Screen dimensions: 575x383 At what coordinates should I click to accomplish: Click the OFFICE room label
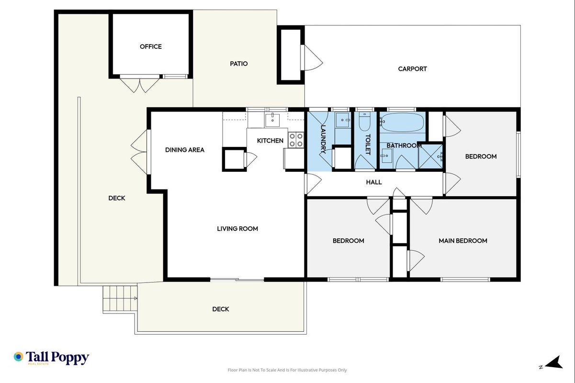tap(151, 46)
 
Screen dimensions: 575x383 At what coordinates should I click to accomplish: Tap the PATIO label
tap(239, 64)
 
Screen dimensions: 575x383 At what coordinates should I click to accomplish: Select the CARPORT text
tap(412, 69)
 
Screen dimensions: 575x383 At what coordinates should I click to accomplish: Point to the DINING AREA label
tap(184, 150)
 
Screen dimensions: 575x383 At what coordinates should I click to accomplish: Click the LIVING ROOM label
tap(237, 229)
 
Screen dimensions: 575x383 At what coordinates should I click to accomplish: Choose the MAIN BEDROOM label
tap(463, 241)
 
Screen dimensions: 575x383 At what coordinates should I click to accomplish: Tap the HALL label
tap(374, 182)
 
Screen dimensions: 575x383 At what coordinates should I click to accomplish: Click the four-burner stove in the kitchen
tap(296, 140)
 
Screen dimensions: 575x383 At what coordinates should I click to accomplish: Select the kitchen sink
tap(272, 120)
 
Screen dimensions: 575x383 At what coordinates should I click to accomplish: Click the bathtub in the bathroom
tap(402, 123)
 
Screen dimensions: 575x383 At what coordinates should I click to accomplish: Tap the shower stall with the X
tap(431, 157)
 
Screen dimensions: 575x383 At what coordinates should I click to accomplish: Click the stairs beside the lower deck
tap(120, 299)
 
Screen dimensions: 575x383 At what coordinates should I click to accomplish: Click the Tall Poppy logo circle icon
tap(18, 357)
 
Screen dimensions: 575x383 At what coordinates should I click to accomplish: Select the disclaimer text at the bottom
tap(287, 370)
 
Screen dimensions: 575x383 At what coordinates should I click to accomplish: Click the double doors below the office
tap(140, 84)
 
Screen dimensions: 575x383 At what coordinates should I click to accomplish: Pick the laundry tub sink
tap(343, 120)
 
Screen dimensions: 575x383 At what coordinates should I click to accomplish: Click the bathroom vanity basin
tap(386, 156)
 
